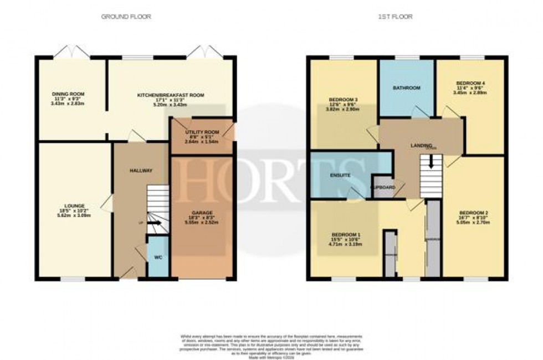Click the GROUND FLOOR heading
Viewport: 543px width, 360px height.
[126, 17]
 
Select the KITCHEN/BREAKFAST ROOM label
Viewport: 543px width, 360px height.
[163, 95]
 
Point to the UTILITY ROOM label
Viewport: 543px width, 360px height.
[202, 132]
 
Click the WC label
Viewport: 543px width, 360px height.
[157, 257]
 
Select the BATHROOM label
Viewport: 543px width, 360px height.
[407, 88]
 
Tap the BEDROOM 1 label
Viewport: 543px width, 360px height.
[346, 234]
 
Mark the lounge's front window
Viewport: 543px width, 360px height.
[72, 279]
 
